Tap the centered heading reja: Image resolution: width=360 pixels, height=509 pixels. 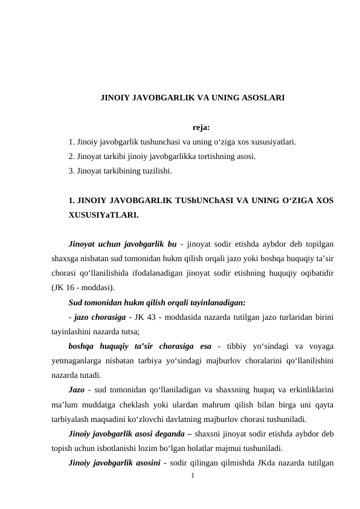click(x=201, y=128)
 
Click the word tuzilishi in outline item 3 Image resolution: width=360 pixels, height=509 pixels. click(x=156, y=171)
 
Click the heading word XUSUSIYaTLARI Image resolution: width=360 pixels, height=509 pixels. click(x=103, y=214)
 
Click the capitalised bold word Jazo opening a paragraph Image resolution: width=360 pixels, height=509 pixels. click(x=77, y=389)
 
